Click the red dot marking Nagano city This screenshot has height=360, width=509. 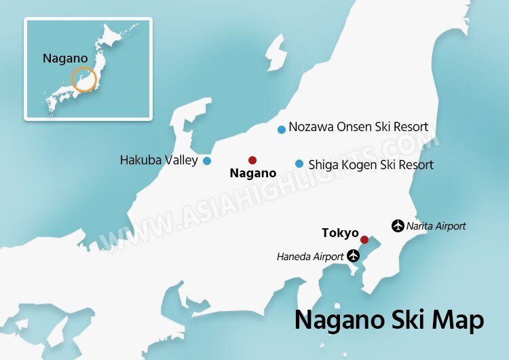(x=252, y=160)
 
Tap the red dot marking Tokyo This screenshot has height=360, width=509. (x=364, y=240)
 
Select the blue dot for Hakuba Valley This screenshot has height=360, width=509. (x=207, y=161)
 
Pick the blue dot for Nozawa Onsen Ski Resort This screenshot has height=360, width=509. (x=282, y=130)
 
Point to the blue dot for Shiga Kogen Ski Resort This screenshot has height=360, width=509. (x=299, y=164)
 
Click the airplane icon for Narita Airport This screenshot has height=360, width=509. (x=397, y=226)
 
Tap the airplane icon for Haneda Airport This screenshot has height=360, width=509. (x=353, y=256)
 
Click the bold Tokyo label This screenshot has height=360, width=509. (x=340, y=233)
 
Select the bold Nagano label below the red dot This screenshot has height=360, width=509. (x=252, y=173)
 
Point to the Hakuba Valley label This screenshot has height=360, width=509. (x=159, y=161)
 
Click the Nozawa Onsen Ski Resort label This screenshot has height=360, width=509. (x=358, y=127)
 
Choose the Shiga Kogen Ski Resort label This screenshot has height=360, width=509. (x=371, y=164)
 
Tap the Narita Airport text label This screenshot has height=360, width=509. (x=436, y=226)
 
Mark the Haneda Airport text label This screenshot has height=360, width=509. (x=310, y=257)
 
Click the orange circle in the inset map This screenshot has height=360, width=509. (x=84, y=79)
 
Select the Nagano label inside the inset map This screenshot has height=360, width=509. (x=64, y=58)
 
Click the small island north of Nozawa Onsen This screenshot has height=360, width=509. (x=275, y=54)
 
